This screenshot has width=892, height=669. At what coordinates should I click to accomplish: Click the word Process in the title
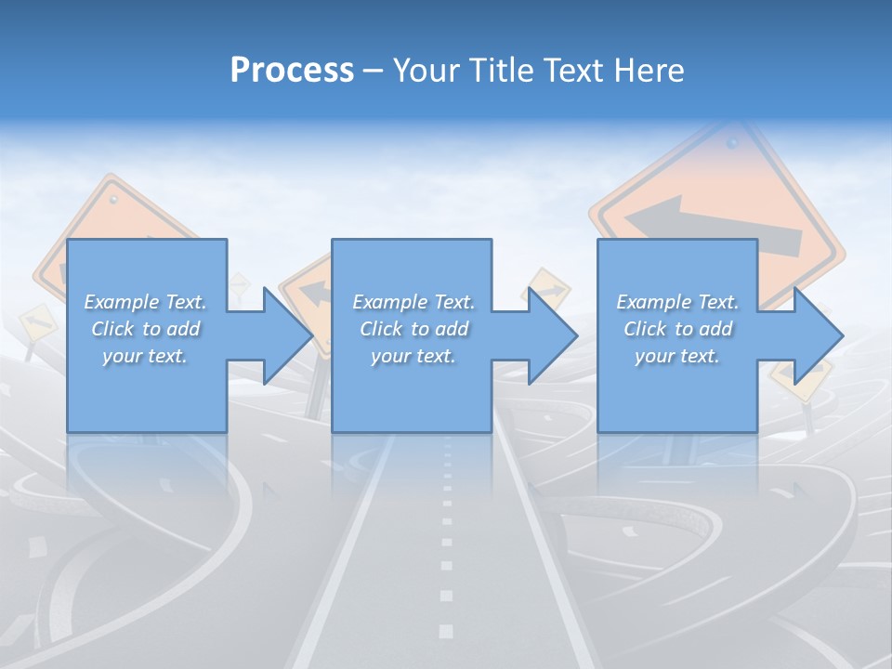click(292, 71)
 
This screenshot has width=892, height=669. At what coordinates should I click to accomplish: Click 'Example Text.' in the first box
click(146, 302)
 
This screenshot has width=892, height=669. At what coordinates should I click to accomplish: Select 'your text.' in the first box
click(146, 356)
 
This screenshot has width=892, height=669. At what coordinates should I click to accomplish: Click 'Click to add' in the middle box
click(413, 329)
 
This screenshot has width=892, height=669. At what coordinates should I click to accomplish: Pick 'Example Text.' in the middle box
click(413, 302)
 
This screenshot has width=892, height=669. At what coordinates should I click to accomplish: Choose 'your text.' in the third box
click(677, 356)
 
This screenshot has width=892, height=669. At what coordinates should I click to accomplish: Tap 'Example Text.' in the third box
click(677, 302)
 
